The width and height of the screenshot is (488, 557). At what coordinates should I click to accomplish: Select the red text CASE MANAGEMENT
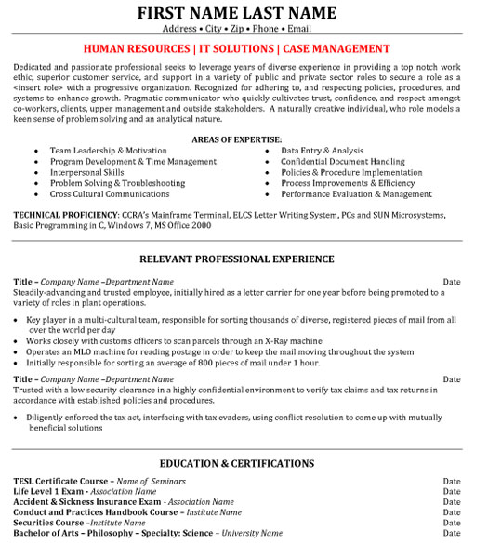click(x=336, y=48)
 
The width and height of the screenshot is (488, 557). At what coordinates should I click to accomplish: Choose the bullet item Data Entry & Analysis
click(x=322, y=150)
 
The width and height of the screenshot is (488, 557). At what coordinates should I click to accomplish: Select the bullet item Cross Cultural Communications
click(x=110, y=194)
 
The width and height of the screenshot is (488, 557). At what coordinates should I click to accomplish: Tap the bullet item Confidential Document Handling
click(x=342, y=161)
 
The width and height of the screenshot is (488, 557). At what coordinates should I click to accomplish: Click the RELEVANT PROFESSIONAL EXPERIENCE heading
click(x=236, y=259)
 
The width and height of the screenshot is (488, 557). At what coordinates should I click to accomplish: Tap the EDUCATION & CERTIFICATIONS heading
click(x=236, y=463)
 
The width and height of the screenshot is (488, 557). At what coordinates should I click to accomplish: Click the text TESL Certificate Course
click(x=61, y=481)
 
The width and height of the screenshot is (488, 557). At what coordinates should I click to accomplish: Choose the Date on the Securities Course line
click(x=452, y=523)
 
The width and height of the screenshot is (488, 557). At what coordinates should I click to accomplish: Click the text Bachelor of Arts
click(x=47, y=533)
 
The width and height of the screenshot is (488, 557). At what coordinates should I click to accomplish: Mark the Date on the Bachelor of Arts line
click(x=452, y=533)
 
